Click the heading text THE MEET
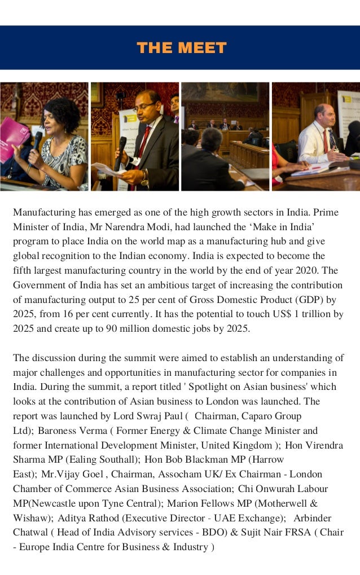coord(181,48)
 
